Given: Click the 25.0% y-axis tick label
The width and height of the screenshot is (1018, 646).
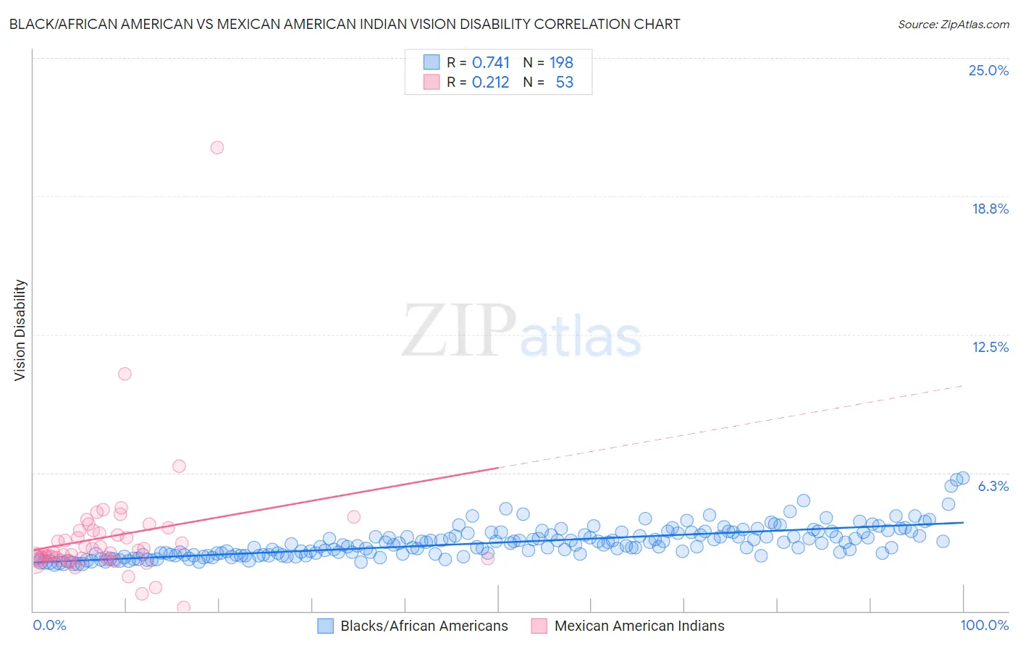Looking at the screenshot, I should (x=988, y=70).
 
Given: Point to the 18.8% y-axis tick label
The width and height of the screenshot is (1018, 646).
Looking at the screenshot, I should (x=990, y=209).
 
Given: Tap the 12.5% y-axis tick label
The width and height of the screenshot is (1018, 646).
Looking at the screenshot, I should (x=990, y=347).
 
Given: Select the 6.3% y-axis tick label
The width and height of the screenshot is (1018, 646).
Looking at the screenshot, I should (x=993, y=486).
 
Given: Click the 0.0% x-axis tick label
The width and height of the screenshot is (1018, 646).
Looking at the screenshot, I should (x=50, y=625).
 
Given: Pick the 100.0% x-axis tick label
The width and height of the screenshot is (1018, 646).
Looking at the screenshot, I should (x=984, y=625).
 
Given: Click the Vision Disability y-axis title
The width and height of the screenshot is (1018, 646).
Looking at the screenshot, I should (x=20, y=330).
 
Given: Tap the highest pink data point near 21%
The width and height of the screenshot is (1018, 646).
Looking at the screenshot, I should (x=217, y=148).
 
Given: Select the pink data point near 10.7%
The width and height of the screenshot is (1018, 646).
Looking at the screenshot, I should (x=125, y=374).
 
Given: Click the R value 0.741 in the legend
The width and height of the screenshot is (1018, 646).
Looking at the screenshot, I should (x=491, y=63).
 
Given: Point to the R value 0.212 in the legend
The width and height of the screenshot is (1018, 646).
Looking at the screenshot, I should (x=491, y=83).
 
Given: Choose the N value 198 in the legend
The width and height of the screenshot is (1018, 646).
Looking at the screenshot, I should (x=561, y=63).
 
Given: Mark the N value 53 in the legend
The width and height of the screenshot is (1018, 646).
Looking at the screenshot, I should (x=564, y=83).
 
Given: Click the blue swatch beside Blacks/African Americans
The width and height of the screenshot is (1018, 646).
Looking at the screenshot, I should (x=326, y=626).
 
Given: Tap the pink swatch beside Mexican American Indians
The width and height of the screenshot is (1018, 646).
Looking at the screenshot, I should (x=539, y=626).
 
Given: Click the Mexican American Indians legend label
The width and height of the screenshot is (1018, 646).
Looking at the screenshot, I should (x=639, y=626).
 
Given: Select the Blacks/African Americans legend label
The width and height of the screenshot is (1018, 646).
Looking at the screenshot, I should (x=424, y=626).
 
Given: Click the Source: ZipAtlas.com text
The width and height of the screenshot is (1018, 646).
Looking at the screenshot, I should (x=953, y=25).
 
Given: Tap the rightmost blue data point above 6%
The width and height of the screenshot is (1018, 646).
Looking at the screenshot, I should (x=963, y=478).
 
